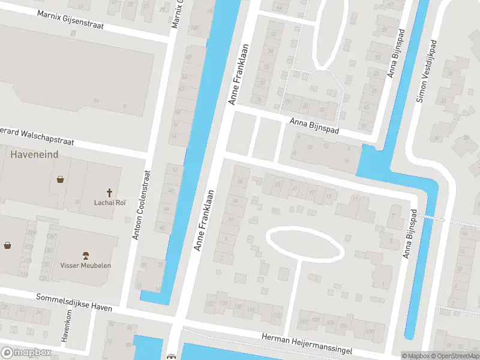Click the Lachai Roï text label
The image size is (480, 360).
pyautogui.click(x=110, y=203)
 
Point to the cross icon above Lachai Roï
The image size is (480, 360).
pyautogui.click(x=110, y=193)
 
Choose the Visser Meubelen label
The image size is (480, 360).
pyautogui.click(x=85, y=265)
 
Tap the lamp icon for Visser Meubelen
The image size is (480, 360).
pyautogui.click(x=85, y=255)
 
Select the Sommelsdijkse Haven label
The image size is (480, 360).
pyautogui.click(x=74, y=302)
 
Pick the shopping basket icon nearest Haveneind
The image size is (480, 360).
pyautogui.click(x=61, y=179)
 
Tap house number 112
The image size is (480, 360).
pyautogui.click(x=277, y=315)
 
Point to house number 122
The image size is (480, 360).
pyautogui.click(x=210, y=304)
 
